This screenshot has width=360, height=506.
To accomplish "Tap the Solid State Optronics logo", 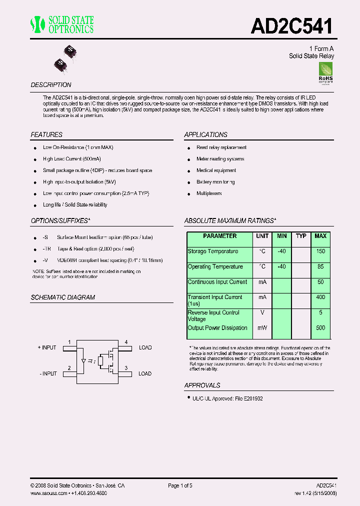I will coord(62,24).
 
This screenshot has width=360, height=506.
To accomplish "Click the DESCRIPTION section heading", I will coord(51,85).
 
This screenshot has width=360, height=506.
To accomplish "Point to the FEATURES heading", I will coord(46,134).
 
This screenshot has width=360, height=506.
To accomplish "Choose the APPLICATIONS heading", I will coord(205,134).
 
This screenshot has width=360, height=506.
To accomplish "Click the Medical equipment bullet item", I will coord(216,170).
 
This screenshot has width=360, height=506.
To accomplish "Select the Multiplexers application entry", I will coord(209,193).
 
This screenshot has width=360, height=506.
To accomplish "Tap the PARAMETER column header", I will coord(220,236).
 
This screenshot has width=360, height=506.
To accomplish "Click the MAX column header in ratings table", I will coord(320,236).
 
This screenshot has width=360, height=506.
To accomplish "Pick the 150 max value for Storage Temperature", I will coord(320,251).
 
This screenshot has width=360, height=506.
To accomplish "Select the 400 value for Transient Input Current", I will coord(320,297).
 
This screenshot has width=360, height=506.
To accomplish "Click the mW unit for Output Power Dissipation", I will coord(262,328).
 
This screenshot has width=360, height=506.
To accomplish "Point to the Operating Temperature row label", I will coord(215,267).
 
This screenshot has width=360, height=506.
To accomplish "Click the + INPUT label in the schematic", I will coord(47,347).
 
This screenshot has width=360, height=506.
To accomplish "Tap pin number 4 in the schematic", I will coord(126,342).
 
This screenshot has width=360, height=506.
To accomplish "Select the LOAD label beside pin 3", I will coord(145,373).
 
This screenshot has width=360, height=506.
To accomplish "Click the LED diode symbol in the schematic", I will coord(83,360).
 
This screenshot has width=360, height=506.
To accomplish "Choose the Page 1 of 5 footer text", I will coord(180,485).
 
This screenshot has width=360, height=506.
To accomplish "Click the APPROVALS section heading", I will coord(202,385).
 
